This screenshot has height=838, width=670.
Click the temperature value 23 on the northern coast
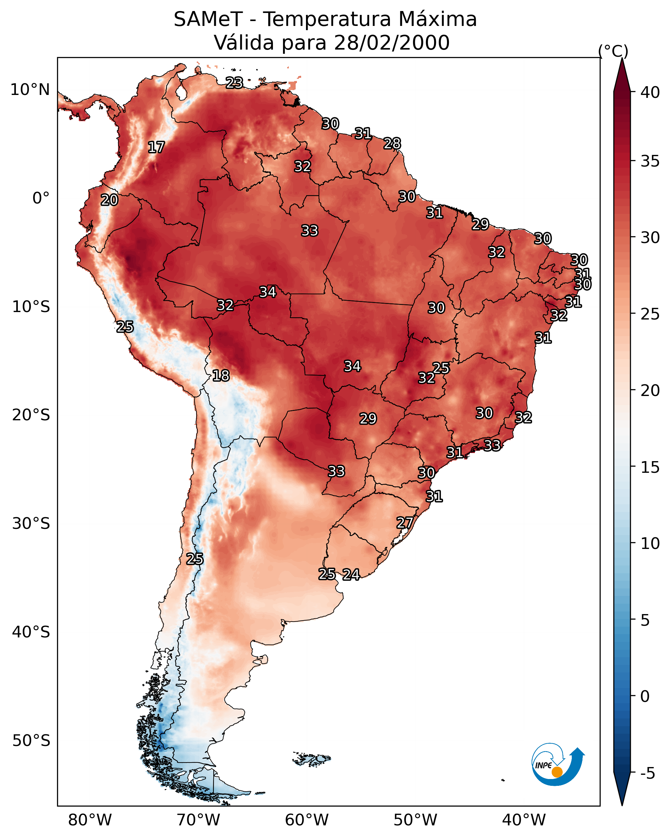(234, 83)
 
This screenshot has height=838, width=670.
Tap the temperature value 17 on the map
(156, 147)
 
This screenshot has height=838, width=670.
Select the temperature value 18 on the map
(221, 376)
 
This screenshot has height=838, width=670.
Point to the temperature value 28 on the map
(392, 144)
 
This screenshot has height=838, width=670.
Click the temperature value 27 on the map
(405, 522)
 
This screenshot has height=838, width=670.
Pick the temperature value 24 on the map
(351, 575)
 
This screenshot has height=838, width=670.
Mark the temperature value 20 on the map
(109, 200)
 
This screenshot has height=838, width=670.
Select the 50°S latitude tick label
(31, 741)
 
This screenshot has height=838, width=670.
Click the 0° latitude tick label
(41, 198)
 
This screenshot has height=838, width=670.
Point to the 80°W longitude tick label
(90, 820)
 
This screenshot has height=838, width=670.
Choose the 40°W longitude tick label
(524, 820)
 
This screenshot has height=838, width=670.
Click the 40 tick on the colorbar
(650, 92)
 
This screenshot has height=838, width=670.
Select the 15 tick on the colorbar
(650, 467)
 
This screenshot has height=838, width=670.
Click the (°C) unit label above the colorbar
(613, 51)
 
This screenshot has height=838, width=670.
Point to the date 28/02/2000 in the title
(392, 43)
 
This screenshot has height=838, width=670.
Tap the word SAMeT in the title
(208, 19)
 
